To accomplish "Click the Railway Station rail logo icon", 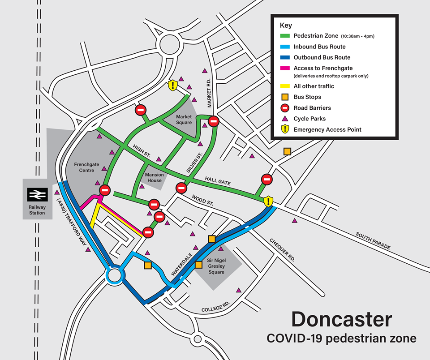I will point(37,195).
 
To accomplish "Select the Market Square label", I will point(184,120).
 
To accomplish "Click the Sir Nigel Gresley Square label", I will point(216,266).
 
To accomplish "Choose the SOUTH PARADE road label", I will point(373,241).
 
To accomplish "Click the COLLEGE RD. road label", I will point(215,307).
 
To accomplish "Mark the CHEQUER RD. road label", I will point(282,250).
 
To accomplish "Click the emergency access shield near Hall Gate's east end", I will point(268,201).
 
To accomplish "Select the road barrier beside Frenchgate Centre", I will point(105,190).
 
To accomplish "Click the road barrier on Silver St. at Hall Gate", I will point(181,188).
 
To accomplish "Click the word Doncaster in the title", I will point(341,320).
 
